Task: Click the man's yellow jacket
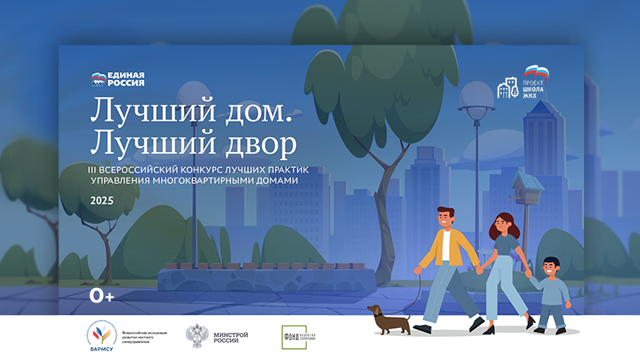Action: tap(442, 249)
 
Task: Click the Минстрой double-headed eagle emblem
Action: tap(195, 334)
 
